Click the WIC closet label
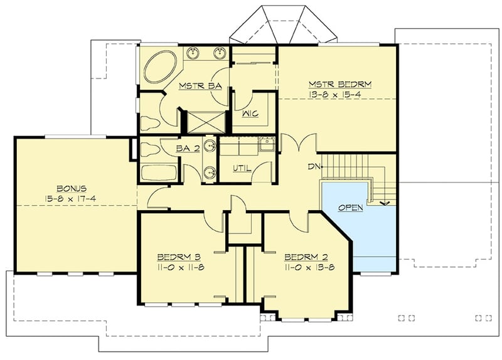(250, 114)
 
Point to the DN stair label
(314, 167)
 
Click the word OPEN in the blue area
(351, 208)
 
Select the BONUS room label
(71, 188)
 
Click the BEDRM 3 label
(178, 257)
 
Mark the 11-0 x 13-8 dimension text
(306, 267)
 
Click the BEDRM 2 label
(306, 257)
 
